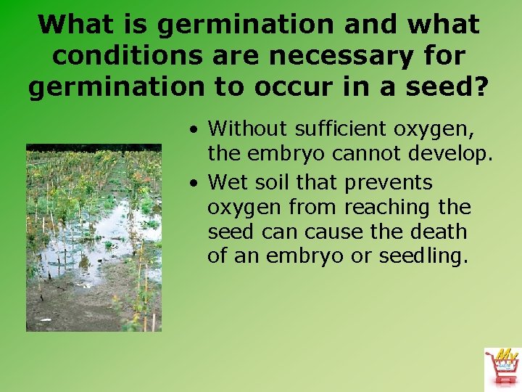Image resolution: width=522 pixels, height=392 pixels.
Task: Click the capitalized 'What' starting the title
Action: click(x=72, y=24)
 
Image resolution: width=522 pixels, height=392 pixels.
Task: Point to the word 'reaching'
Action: click(x=386, y=208)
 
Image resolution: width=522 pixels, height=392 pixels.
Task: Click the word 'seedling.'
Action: click(x=424, y=256)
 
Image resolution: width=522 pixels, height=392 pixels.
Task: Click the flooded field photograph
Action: click(x=94, y=237)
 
